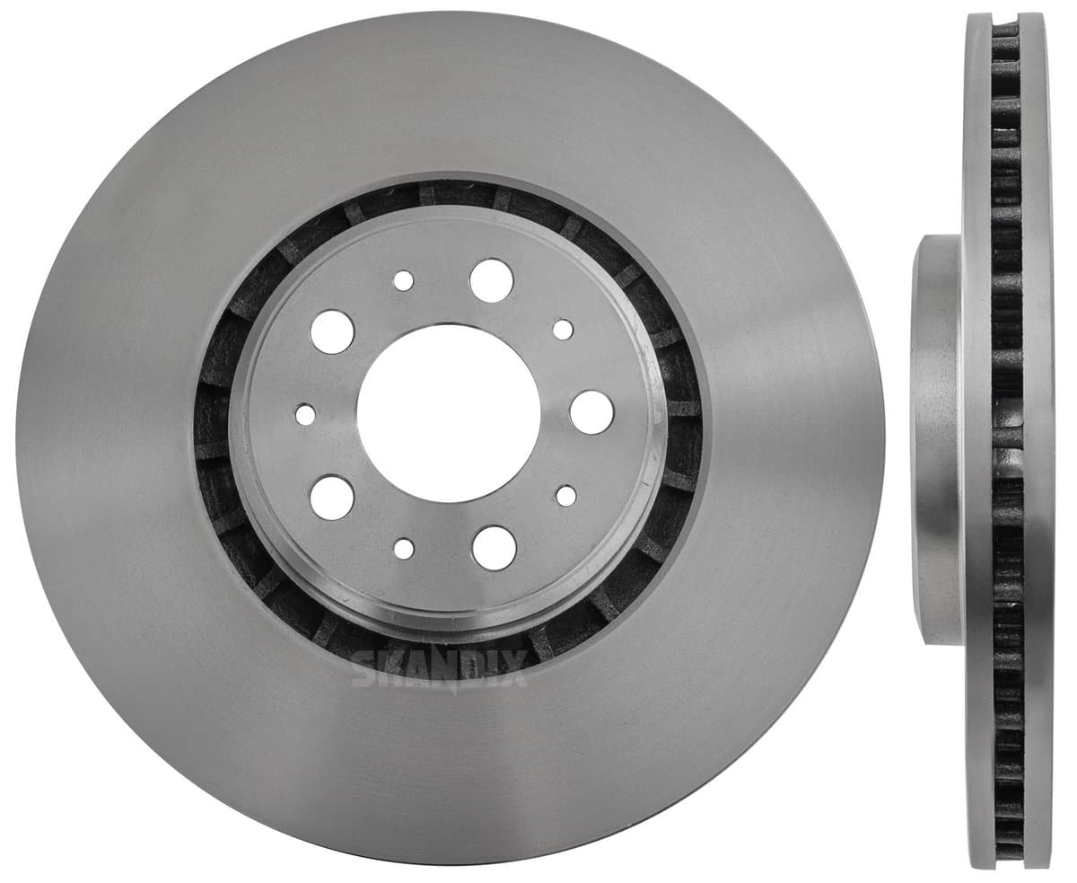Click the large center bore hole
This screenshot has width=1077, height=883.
coord(449,413)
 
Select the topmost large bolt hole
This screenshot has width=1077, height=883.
coord(491,280)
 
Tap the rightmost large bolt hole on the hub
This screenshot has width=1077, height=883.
coord(591,412)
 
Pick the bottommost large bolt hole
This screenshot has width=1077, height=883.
coord(494,547)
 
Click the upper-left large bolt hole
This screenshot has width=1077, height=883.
coord(332,331)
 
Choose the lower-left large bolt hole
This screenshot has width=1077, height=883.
coord(332,498)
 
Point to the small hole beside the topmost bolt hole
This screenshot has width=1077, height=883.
coord(404,280)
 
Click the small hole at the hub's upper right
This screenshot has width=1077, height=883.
coord(564,330)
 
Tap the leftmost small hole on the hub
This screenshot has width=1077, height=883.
coord(305,414)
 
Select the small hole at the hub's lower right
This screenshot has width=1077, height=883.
coord(565,496)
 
